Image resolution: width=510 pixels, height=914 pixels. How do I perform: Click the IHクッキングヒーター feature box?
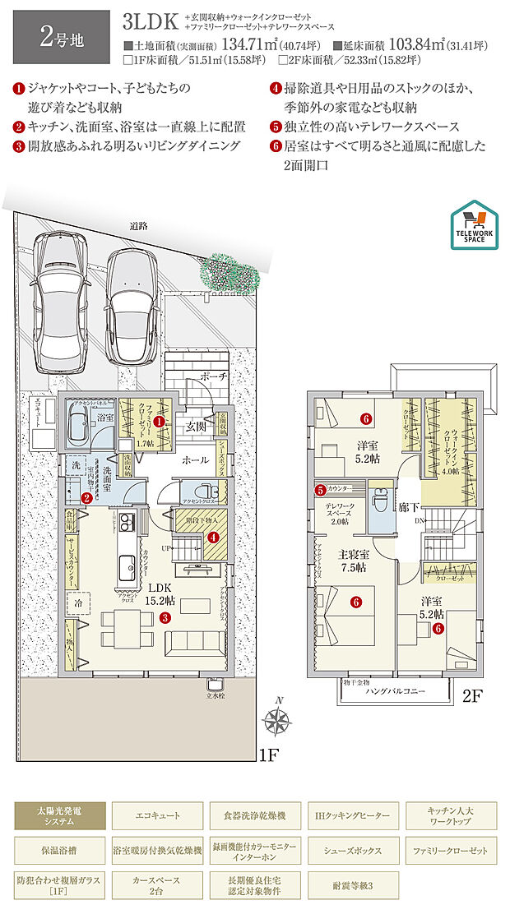[x=354, y=816]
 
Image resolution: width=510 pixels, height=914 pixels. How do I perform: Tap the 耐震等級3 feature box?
[x=354, y=884]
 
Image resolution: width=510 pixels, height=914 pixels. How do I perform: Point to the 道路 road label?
[x=137, y=226]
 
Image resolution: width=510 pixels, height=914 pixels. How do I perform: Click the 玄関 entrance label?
[x=195, y=427]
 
